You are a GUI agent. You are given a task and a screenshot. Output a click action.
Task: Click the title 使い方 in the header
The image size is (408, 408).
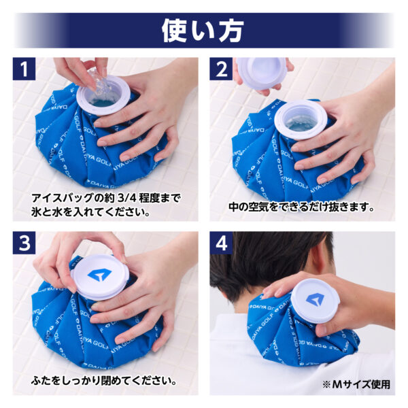click(203, 31)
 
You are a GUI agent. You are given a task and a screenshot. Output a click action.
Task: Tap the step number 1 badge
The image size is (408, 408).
click(24, 69)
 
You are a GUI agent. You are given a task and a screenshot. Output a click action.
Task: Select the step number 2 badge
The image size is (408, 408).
click(221, 69)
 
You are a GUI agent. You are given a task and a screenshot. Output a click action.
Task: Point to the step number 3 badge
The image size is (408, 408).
click(24, 243)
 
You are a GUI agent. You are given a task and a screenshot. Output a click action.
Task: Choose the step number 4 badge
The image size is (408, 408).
click(221, 243)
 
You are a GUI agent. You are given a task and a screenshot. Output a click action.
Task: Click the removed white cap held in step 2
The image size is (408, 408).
click(262, 73)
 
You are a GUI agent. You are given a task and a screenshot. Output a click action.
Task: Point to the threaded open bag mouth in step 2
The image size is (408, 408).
click(301, 119)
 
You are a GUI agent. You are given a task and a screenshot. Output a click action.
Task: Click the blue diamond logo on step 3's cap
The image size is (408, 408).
click(100, 275)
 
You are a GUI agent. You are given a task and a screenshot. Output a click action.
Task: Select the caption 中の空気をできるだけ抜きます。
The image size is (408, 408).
click(301, 207)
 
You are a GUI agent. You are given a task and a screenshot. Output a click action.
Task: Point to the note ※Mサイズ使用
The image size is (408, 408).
click(356, 384)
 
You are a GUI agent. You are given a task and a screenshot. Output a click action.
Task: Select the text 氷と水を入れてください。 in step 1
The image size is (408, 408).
click(90, 212)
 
